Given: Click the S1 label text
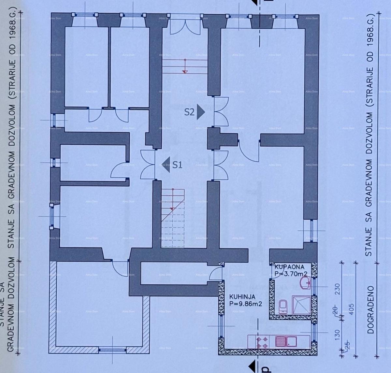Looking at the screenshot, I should [177, 165].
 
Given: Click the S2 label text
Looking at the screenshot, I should [189, 112].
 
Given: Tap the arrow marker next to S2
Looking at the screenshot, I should [201, 112].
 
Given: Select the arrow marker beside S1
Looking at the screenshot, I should [166, 165].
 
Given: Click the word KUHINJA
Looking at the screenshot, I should [242, 297].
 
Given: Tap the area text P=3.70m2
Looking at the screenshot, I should [291, 274].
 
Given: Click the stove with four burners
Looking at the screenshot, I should [263, 342].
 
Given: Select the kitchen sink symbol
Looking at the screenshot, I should [286, 341].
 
